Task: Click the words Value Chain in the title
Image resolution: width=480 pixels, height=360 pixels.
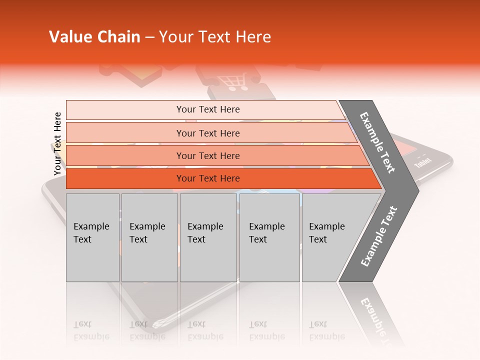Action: click(x=94, y=37)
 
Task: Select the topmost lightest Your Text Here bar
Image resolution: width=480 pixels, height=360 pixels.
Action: click(x=207, y=109)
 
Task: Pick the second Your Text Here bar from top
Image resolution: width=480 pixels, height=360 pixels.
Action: click(x=207, y=133)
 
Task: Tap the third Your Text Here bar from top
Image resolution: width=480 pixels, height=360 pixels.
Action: click(x=207, y=155)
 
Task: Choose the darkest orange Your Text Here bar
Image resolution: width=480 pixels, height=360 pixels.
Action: click(x=207, y=178)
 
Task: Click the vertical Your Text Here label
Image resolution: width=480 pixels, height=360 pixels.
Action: click(x=57, y=144)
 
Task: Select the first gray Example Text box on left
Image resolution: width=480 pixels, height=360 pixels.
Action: click(x=92, y=237)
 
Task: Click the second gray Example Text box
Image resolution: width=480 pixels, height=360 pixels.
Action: click(x=149, y=237)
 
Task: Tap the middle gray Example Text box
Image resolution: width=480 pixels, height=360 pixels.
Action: click(x=208, y=237)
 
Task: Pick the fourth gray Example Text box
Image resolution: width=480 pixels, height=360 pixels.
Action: click(x=270, y=237)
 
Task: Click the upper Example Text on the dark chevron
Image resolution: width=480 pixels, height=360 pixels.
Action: click(x=377, y=142)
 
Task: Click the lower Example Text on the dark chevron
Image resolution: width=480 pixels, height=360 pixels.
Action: click(x=378, y=236)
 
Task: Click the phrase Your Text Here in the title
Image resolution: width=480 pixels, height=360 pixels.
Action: click(x=215, y=37)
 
